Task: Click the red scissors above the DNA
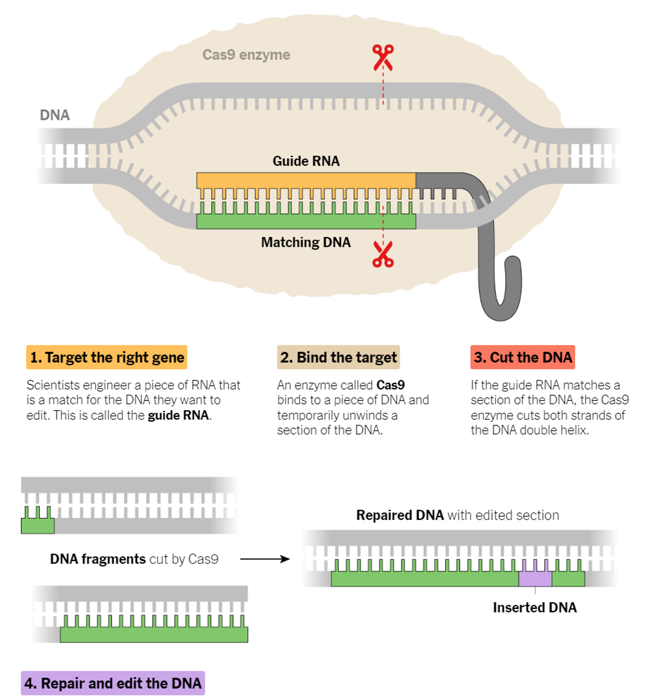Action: (x=383, y=58)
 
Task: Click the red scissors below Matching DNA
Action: (x=383, y=254)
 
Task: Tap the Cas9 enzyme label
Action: (x=246, y=55)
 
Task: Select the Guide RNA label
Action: (x=306, y=161)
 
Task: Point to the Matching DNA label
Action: (x=306, y=242)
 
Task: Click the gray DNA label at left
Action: (x=55, y=115)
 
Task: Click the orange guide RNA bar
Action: (x=306, y=181)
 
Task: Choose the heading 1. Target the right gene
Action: (x=106, y=357)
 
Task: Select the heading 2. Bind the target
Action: (x=338, y=357)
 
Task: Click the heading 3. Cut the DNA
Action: (x=523, y=357)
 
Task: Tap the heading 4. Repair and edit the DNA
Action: (x=113, y=683)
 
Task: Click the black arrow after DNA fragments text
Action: (x=265, y=559)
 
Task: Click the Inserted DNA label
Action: (x=535, y=607)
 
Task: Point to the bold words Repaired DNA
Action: (x=400, y=515)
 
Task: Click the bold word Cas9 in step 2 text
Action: (x=391, y=385)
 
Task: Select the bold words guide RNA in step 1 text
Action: (x=178, y=415)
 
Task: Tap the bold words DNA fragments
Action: (x=98, y=559)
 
